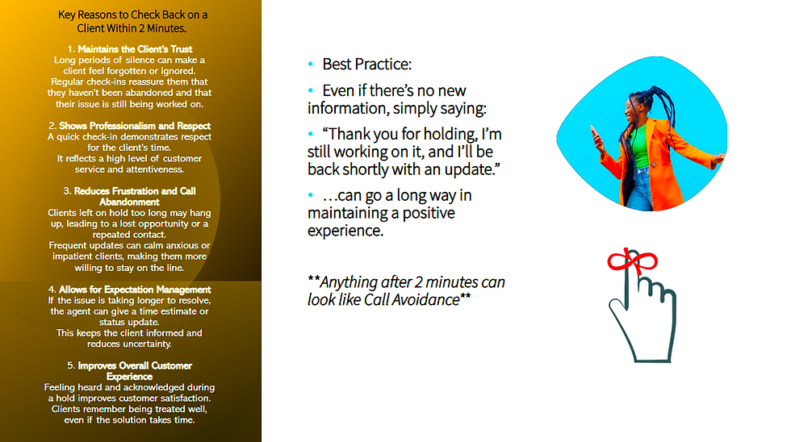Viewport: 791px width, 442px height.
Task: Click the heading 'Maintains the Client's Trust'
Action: click(x=135, y=49)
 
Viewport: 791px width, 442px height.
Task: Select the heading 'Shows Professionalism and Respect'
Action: click(x=135, y=126)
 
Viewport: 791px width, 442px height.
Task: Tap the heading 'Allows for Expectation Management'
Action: click(x=135, y=290)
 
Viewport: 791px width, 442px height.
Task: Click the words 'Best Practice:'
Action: click(x=366, y=64)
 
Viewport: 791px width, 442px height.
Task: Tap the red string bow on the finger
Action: click(x=632, y=261)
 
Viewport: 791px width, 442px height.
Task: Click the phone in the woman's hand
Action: click(x=594, y=134)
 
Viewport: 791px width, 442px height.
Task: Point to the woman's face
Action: click(x=630, y=109)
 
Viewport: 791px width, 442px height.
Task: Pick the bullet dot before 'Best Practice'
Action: click(x=311, y=64)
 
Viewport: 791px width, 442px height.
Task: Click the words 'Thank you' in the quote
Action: click(x=360, y=134)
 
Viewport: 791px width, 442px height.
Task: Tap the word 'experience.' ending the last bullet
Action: click(x=345, y=231)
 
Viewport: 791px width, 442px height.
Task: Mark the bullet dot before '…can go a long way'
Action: click(x=311, y=195)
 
